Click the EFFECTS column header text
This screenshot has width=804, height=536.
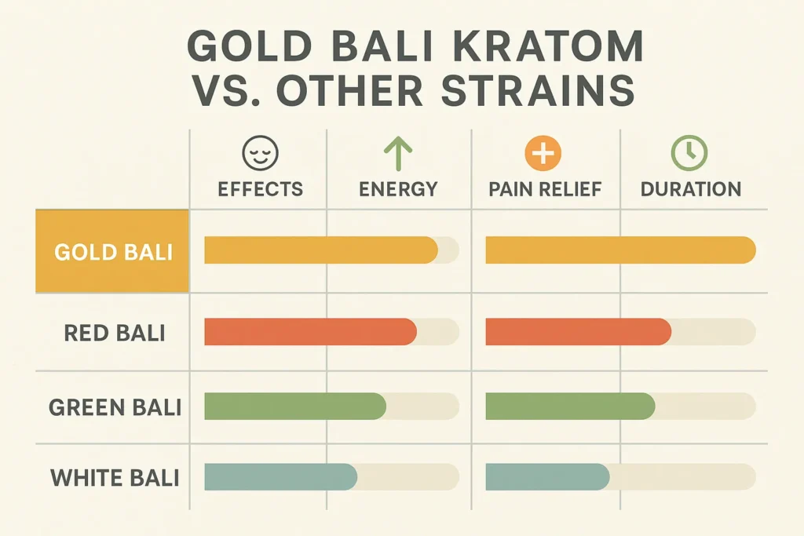point(260,189)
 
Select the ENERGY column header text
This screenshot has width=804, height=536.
point(398,189)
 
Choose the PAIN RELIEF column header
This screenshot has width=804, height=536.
point(544,189)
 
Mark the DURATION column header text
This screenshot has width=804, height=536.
point(690,189)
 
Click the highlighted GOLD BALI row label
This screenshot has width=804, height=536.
point(113,252)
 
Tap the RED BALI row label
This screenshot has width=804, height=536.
point(115,332)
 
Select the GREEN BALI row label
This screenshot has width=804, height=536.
point(115,407)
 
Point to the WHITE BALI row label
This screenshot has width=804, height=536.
point(115,477)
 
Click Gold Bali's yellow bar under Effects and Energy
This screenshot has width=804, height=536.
point(320,250)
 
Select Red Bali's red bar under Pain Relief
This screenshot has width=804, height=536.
point(578,332)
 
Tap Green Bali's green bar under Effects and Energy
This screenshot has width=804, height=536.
point(294,406)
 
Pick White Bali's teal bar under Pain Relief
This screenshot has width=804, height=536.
point(547,477)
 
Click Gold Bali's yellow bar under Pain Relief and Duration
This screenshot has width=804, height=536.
point(620,250)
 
